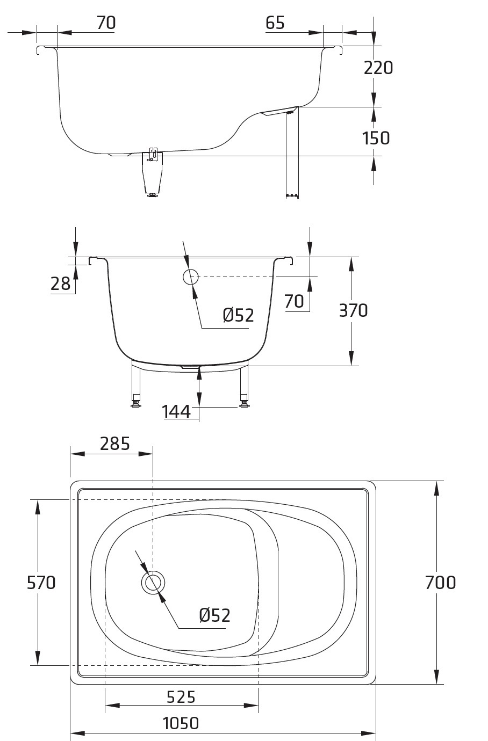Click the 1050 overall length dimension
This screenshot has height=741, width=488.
point(181,723)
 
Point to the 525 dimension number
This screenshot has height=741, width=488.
point(181,697)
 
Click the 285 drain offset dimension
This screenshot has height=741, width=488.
point(115,444)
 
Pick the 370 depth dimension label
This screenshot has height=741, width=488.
point(353,310)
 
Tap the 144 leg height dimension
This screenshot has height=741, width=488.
point(176,412)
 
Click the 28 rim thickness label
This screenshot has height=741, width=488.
point(61,284)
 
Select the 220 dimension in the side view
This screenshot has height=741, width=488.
point(378,68)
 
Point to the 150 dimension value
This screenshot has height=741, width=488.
point(376,138)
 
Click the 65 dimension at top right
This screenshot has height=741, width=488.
point(275,23)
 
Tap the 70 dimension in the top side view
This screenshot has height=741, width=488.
point(106,23)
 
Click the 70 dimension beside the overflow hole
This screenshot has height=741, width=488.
point(294,301)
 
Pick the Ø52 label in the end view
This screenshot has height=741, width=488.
point(239,315)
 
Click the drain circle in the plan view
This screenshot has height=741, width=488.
point(153,583)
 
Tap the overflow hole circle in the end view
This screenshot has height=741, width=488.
point(190,277)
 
